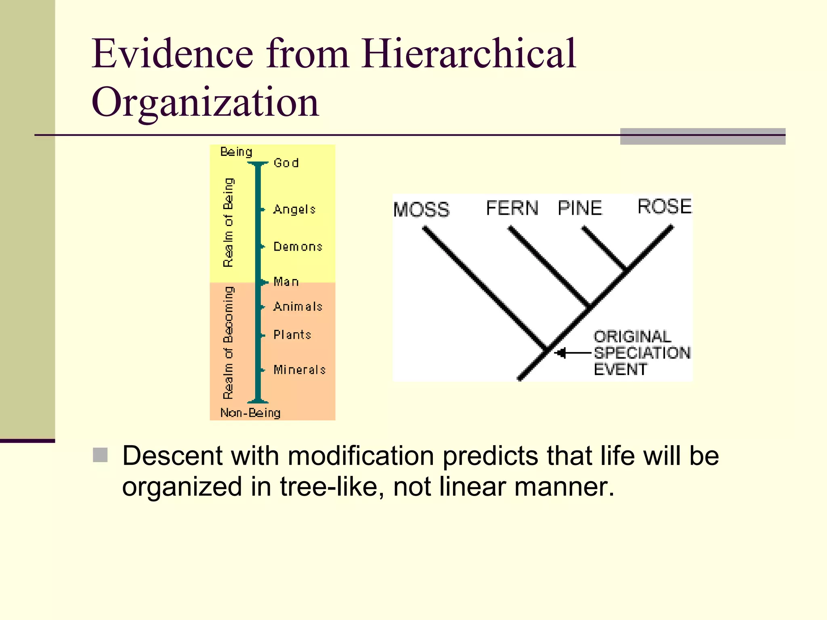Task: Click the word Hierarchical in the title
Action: (468, 53)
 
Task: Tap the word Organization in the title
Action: (205, 103)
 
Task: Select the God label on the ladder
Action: (286, 163)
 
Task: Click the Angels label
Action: (294, 209)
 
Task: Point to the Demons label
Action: (298, 247)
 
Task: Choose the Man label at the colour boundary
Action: (286, 281)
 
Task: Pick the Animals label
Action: (298, 307)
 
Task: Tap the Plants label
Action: (292, 335)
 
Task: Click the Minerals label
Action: (299, 370)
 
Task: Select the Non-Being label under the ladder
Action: (250, 413)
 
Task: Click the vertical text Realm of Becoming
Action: (228, 342)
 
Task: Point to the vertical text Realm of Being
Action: (228, 222)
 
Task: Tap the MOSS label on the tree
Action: (421, 210)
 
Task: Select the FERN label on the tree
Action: (512, 208)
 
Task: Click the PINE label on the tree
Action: (580, 208)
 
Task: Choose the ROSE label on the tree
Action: (664, 207)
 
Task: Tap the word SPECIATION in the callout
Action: (642, 353)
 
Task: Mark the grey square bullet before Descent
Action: (100, 455)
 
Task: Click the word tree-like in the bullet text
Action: (331, 486)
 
